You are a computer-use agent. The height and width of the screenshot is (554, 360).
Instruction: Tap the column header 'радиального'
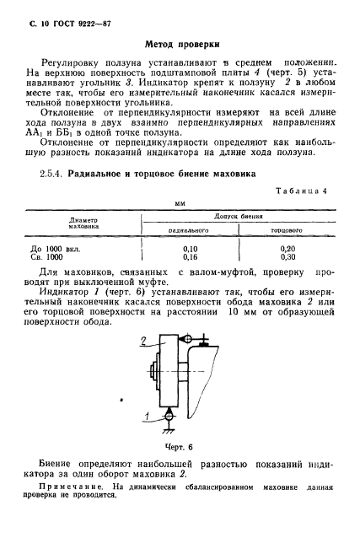pyautogui.click(x=190, y=229)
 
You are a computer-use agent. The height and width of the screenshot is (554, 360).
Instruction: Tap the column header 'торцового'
pyautogui.click(x=286, y=229)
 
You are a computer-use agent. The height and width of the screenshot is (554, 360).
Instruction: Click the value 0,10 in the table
pyautogui.click(x=190, y=249)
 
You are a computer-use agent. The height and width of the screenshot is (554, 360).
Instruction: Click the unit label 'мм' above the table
pyautogui.click(x=179, y=203)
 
